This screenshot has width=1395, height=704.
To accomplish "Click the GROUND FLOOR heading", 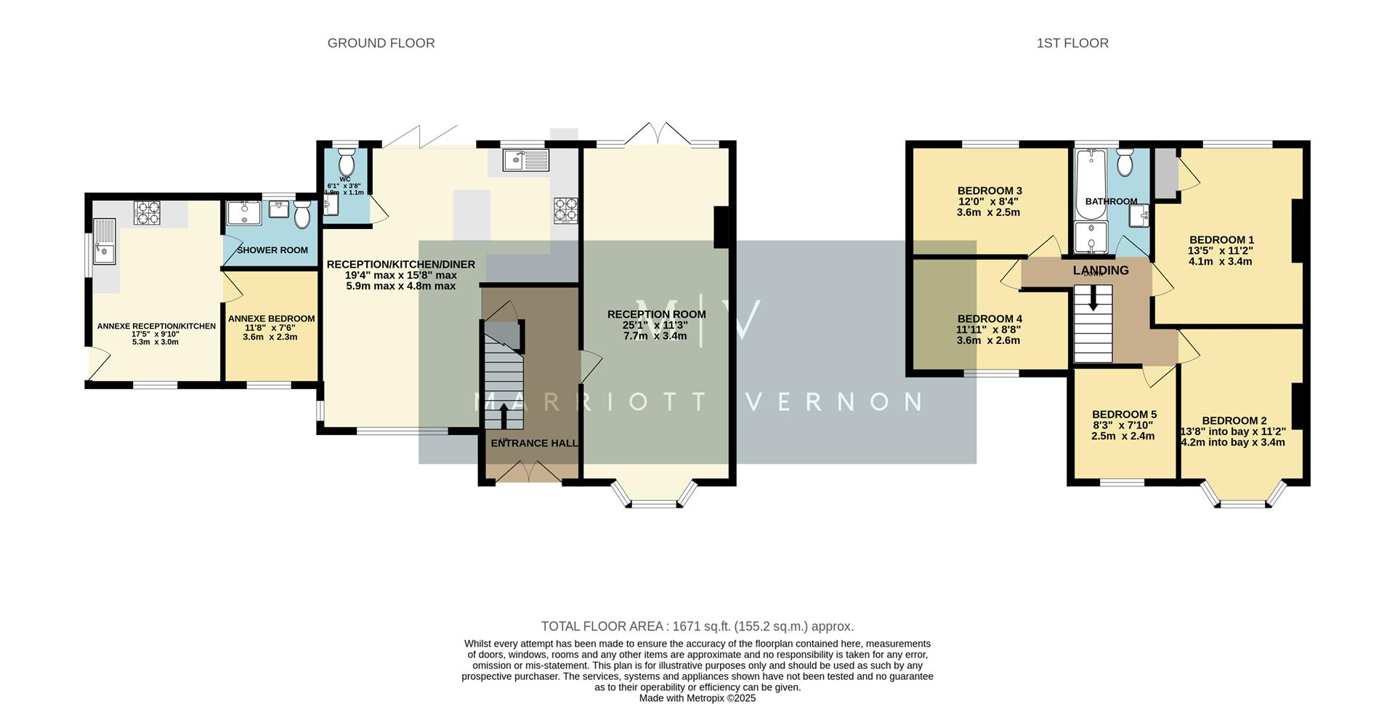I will click(x=381, y=43).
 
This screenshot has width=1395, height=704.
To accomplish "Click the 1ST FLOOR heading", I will click(x=1072, y=43).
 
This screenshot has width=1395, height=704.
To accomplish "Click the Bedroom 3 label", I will click(x=989, y=191).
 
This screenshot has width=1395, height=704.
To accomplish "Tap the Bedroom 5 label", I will click(x=1123, y=414).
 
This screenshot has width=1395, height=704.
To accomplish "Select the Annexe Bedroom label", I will click(x=271, y=319).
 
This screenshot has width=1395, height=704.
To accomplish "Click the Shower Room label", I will click(x=272, y=250).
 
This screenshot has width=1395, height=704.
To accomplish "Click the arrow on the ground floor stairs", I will click(x=504, y=416).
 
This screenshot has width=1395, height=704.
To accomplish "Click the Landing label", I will click(x=1101, y=271).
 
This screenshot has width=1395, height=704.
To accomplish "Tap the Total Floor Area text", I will click(x=697, y=626).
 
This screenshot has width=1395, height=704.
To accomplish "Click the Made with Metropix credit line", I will click(x=697, y=698).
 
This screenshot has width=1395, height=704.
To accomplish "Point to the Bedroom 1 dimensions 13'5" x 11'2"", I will click(x=1221, y=251).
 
